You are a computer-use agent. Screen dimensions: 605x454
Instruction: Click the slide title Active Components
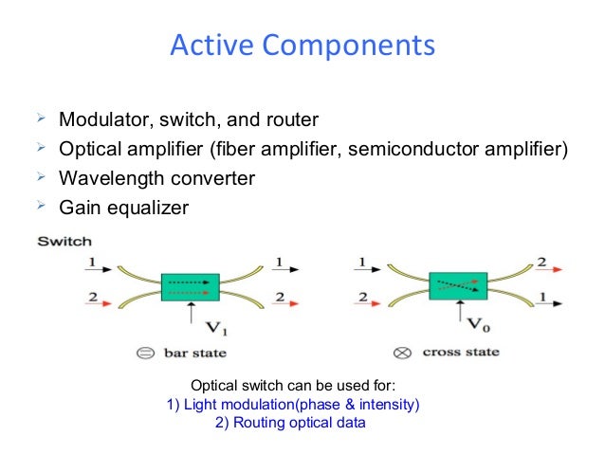(x=302, y=45)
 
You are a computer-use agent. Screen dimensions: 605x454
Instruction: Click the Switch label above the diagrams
(x=64, y=242)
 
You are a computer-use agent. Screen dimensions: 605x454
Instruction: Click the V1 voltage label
(x=216, y=329)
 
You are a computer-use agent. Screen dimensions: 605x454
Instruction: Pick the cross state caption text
(x=461, y=354)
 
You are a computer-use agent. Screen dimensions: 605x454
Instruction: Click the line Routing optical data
(x=290, y=423)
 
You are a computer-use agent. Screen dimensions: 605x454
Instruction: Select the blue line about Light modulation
(x=293, y=405)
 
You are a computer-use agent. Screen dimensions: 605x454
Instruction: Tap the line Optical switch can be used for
(x=293, y=386)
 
